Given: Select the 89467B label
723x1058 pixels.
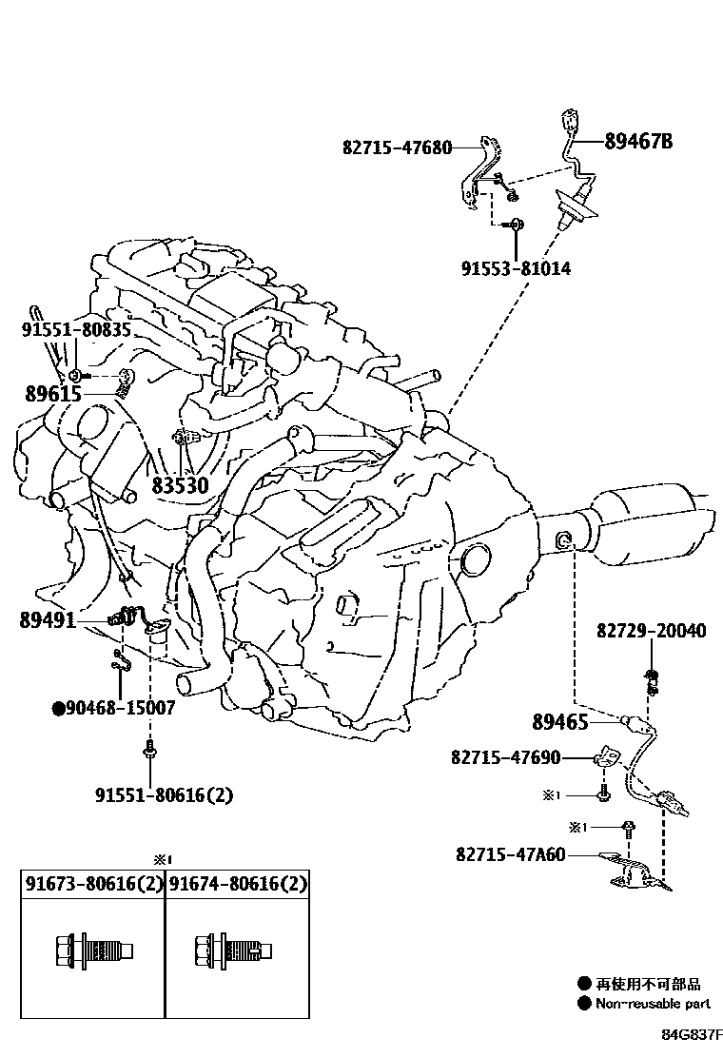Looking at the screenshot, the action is (638, 142).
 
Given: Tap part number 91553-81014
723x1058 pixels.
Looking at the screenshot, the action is (517, 269).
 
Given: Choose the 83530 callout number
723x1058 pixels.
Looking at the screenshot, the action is (180, 485).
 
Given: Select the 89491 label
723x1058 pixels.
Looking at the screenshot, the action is (48, 619).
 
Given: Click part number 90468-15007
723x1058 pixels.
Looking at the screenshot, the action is (121, 708).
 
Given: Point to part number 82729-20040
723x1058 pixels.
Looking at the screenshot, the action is (652, 632).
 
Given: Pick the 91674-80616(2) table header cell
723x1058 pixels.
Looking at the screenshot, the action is (239, 885).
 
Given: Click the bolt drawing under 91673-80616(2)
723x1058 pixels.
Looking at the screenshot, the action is (92, 950).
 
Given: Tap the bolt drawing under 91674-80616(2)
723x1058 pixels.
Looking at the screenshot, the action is (234, 950).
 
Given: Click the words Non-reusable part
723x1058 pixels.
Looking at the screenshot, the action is (653, 1003).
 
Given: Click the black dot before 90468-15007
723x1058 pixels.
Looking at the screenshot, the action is (58, 708).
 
